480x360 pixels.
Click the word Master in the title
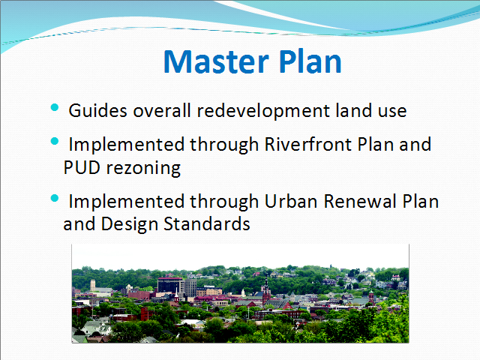(216, 61)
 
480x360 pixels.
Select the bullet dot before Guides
(55, 107)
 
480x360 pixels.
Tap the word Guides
(97, 110)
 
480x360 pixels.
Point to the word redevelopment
(263, 112)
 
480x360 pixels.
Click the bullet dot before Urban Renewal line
(55, 198)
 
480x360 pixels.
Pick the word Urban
(290, 202)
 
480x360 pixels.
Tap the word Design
(129, 225)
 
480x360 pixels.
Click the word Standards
(207, 223)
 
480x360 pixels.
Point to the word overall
(162, 110)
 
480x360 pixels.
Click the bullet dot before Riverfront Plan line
(55, 141)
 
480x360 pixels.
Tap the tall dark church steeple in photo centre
(266, 291)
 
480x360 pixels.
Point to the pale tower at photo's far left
(92, 285)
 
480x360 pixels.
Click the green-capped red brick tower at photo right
(371, 296)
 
